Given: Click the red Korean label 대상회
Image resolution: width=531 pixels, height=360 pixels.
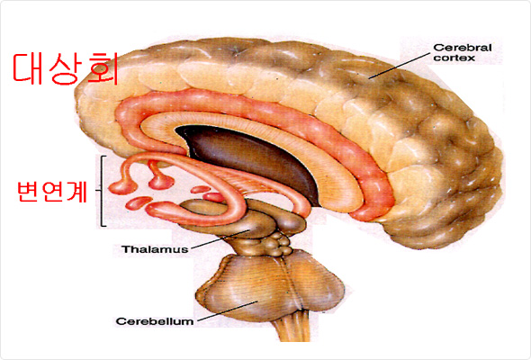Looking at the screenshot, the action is (x=66, y=68).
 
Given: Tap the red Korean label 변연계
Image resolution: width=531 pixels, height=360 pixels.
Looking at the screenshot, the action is (x=52, y=192).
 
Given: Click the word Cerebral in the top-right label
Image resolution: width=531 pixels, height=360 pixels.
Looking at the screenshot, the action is (x=463, y=48).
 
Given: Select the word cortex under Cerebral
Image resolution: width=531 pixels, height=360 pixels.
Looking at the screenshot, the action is (x=454, y=58).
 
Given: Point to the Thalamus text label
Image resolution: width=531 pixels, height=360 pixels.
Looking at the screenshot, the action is (x=155, y=249).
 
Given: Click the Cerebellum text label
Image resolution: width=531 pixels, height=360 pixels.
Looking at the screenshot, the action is (x=155, y=321).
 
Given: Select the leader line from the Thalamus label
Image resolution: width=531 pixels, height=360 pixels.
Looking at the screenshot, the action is (x=220, y=239).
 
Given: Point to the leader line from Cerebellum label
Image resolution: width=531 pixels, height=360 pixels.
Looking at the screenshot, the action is (x=228, y=310).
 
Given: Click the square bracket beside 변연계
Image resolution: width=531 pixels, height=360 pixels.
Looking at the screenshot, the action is (x=103, y=191).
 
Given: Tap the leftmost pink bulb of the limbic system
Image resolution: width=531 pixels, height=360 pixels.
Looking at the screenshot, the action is (x=122, y=187).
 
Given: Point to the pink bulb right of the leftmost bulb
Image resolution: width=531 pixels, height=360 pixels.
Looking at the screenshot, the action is (x=161, y=182).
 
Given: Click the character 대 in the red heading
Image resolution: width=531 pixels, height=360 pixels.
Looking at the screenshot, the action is (x=28, y=68).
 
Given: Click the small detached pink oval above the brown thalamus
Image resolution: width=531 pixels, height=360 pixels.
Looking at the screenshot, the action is (x=201, y=189).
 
